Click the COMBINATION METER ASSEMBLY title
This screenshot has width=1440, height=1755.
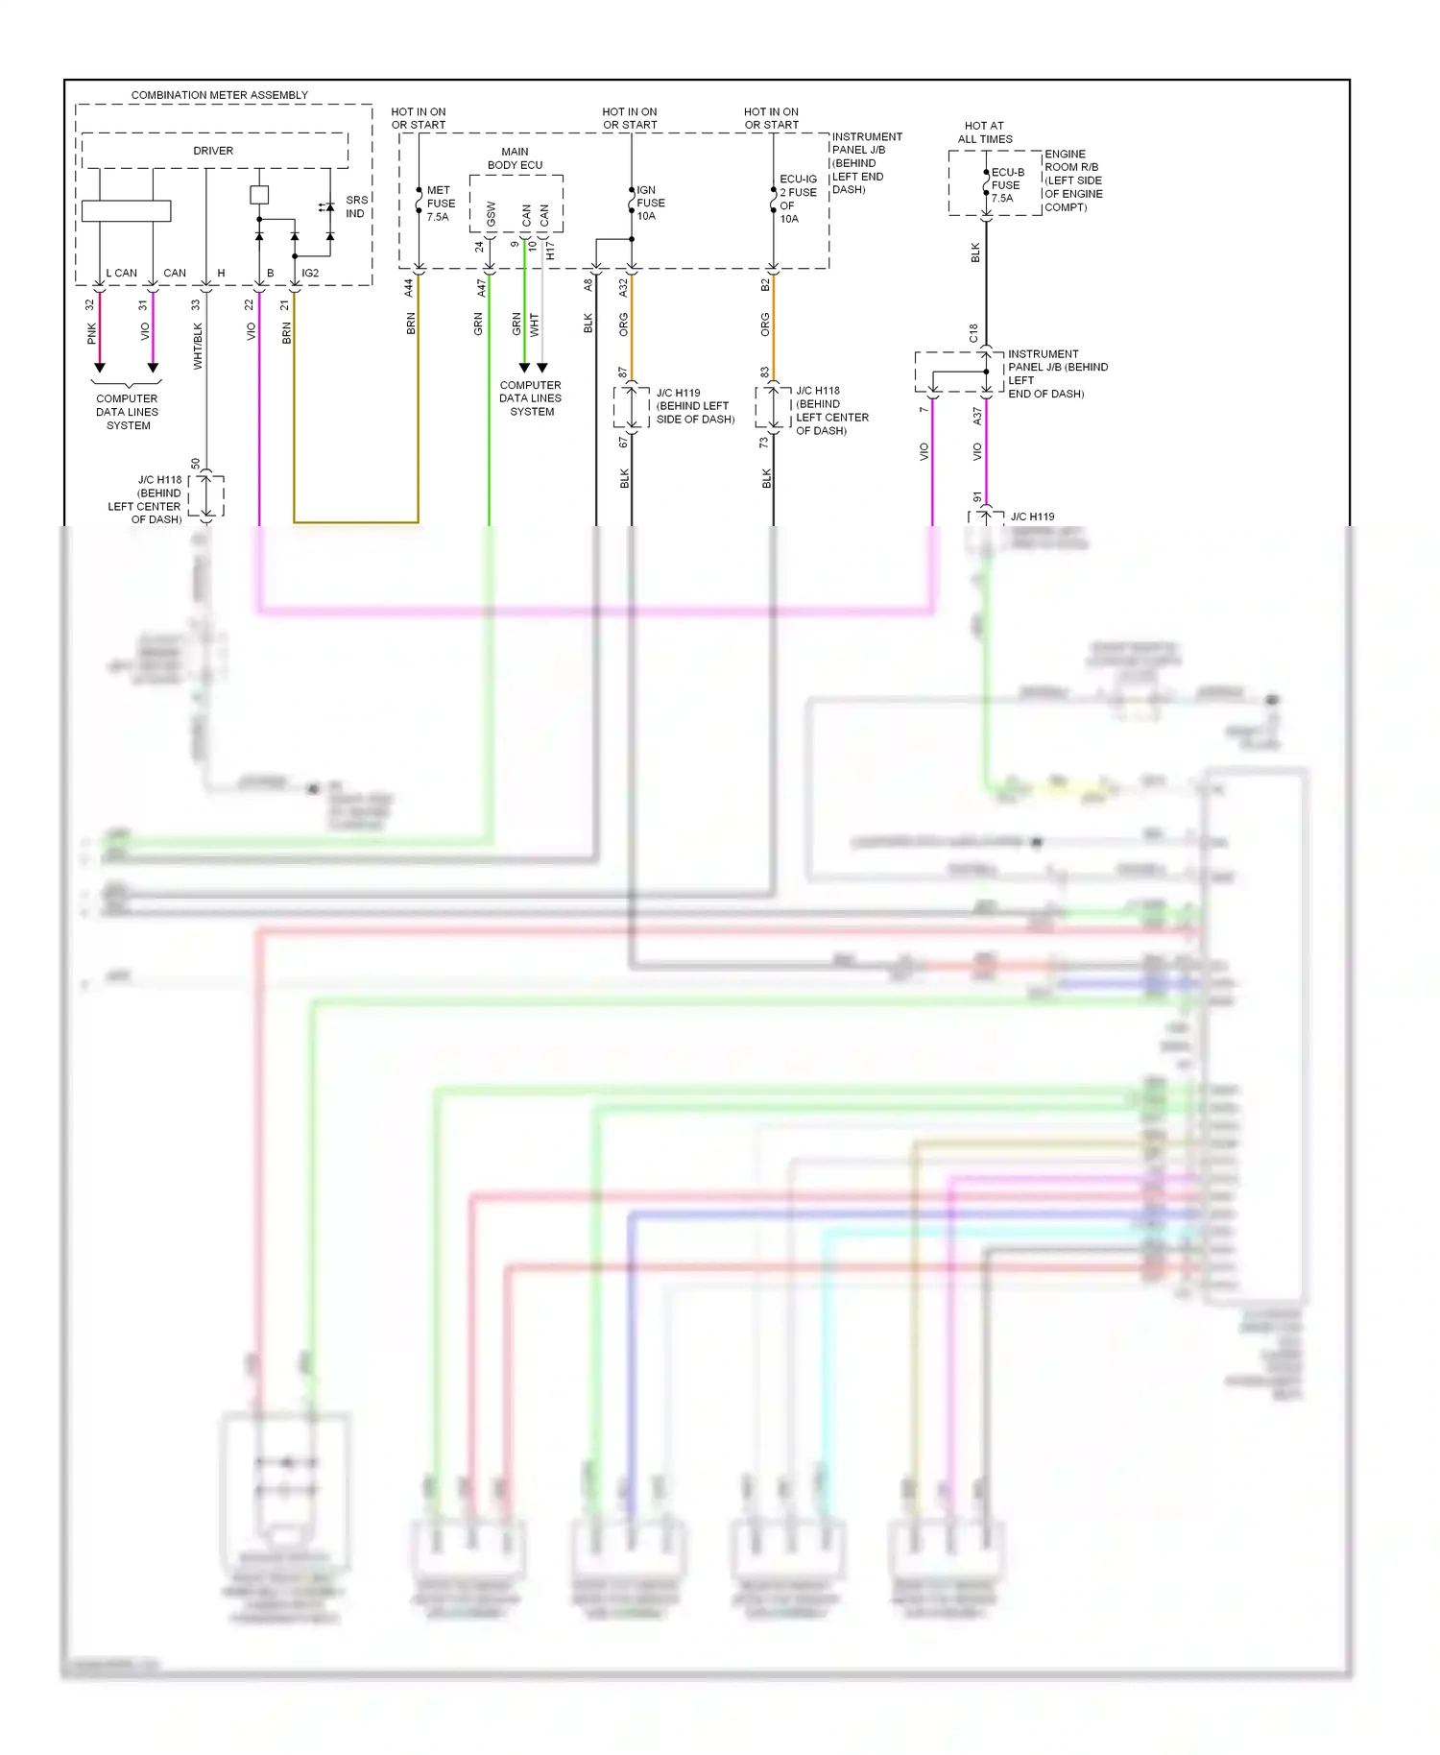coord(219,95)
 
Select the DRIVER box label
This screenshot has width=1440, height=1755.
coord(213,151)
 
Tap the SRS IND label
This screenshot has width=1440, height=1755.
coord(356,206)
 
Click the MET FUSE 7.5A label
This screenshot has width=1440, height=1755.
coord(441,204)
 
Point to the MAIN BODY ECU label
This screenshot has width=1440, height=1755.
coord(515,158)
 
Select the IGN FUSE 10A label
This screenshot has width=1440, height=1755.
coord(650,203)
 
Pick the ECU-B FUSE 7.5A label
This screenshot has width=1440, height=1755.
coord(1007,185)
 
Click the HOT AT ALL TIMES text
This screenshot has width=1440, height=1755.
coord(984,132)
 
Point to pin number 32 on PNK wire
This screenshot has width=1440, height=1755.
coord(90,304)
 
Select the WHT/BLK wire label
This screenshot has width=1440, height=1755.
coord(198,346)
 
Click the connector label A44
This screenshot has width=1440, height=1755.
coord(408,286)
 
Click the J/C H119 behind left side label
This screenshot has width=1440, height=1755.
coord(694,406)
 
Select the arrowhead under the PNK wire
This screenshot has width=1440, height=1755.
coord(99,368)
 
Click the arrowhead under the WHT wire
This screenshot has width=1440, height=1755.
coord(542,368)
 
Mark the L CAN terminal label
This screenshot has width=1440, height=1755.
coord(122,273)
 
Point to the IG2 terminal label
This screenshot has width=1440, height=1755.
coord(310,273)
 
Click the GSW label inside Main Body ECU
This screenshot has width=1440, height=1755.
coord(491,214)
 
